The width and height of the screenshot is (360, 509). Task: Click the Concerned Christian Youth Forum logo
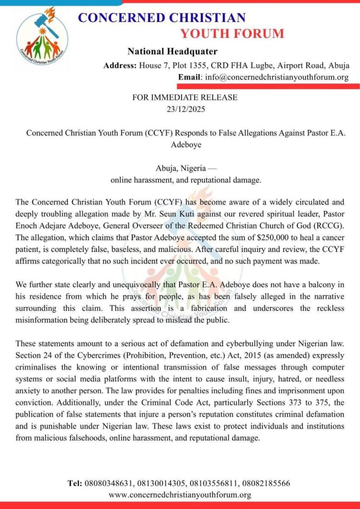(x=42, y=34)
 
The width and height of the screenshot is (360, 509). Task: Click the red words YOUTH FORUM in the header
(x=232, y=34)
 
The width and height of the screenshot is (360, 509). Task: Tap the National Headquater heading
(x=172, y=51)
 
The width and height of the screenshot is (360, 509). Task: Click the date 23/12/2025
(x=185, y=108)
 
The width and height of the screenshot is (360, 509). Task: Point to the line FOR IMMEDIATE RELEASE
(x=185, y=97)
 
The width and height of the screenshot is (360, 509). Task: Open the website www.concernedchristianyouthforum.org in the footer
(x=180, y=495)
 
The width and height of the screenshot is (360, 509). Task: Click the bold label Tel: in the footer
(x=75, y=483)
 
